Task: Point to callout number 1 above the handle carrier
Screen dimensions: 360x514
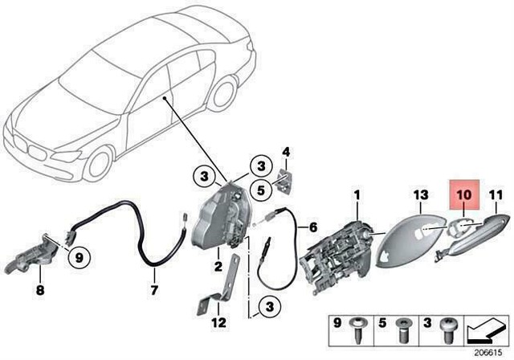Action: (358, 194)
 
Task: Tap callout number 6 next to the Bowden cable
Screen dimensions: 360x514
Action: (313, 227)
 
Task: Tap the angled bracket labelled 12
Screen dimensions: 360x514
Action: (211, 304)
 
